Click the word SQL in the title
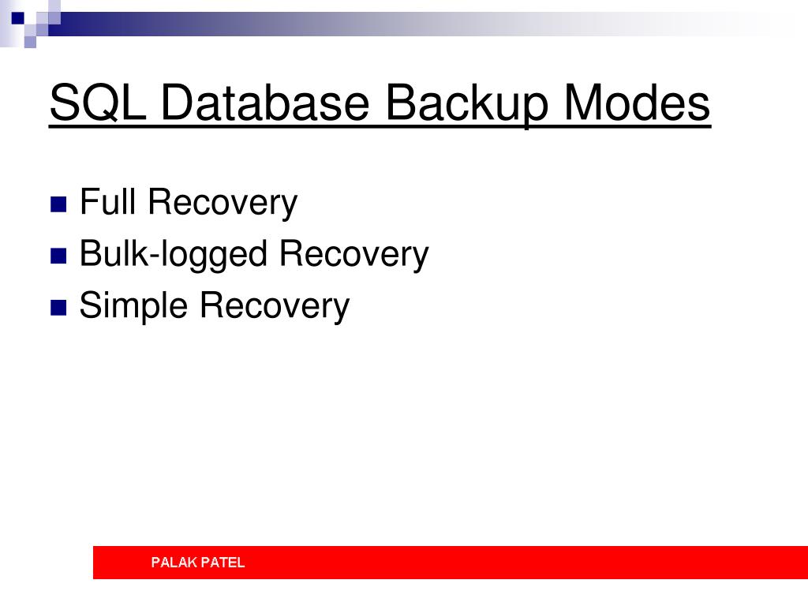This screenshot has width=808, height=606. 97,103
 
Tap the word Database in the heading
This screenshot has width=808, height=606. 266,103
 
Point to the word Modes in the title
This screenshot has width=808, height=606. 637,103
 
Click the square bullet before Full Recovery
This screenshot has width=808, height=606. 58,205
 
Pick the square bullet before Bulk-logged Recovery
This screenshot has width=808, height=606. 58,256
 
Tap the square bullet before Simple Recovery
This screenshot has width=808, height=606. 58,308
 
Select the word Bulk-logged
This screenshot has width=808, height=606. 174,255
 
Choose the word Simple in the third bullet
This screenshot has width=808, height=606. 133,306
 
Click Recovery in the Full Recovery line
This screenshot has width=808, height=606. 223,203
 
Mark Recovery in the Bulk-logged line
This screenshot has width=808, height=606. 353,254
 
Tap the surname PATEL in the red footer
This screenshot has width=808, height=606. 223,563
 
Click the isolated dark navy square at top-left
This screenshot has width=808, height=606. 17,17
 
